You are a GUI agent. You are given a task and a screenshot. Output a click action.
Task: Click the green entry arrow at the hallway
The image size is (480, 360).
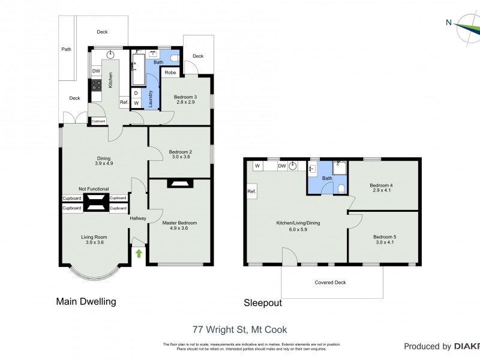pyautogui.click(x=139, y=253)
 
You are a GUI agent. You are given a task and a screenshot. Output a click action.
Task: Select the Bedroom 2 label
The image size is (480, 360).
pyautogui.click(x=179, y=154)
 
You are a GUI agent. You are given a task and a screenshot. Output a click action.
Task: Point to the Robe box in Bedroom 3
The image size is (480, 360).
pyautogui.click(x=170, y=73)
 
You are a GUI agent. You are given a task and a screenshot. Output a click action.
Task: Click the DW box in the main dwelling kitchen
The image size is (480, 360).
pyautogui.click(x=96, y=71)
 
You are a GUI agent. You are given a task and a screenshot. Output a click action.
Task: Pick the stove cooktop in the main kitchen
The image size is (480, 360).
pyautogui.click(x=96, y=85)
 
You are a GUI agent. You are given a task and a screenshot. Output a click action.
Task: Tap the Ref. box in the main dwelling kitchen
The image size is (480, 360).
pyautogui.click(x=124, y=103)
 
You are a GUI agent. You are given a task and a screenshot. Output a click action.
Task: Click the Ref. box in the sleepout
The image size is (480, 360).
pyautogui.click(x=251, y=192)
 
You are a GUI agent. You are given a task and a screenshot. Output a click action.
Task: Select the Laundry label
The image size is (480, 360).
pyautogui.click(x=151, y=97)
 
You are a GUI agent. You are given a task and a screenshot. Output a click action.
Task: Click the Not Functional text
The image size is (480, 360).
pyautogui.click(x=94, y=188)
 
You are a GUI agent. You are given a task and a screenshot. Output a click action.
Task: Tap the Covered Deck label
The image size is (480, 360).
pyautogui.click(x=330, y=282)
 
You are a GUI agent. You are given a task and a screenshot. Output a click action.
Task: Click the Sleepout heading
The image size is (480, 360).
pyautogui.click(x=262, y=303)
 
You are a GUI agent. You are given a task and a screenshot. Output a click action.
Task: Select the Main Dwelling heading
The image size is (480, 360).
pyautogui.click(x=86, y=301)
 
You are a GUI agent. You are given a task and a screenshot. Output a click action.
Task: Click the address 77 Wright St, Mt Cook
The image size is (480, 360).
pyautogui.click(x=239, y=329)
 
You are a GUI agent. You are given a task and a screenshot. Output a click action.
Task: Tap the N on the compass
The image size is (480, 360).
pyautogui.click(x=448, y=23)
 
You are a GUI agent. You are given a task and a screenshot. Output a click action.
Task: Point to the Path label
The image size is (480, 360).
pyautogui.click(x=66, y=49)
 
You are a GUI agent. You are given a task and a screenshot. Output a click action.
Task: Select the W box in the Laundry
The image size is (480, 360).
pyautogui.click(x=136, y=103)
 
